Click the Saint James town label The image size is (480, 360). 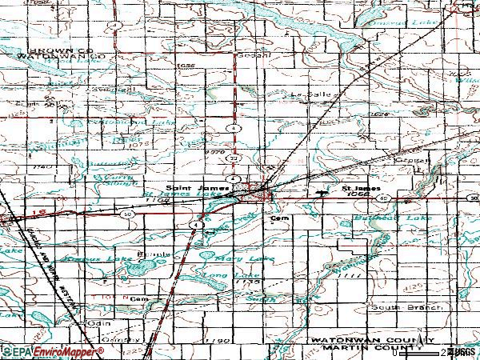click(x=194, y=183)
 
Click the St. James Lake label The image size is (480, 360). click(x=172, y=194)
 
